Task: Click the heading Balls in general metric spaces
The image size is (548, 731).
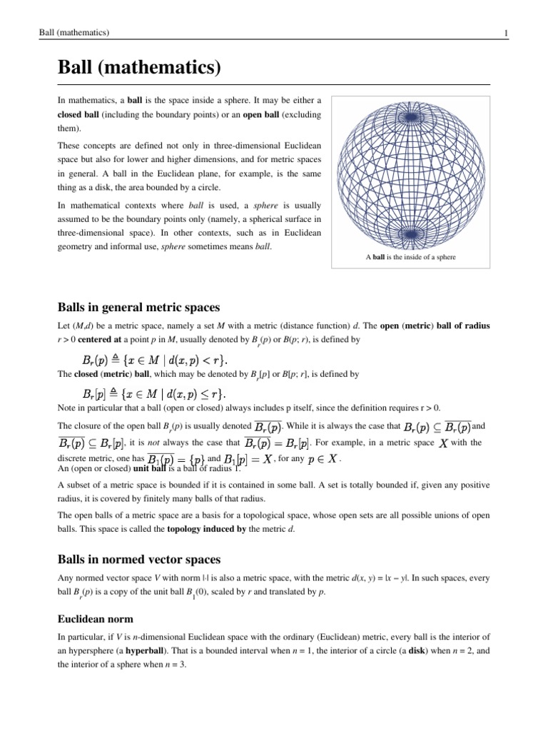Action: click(x=138, y=307)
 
